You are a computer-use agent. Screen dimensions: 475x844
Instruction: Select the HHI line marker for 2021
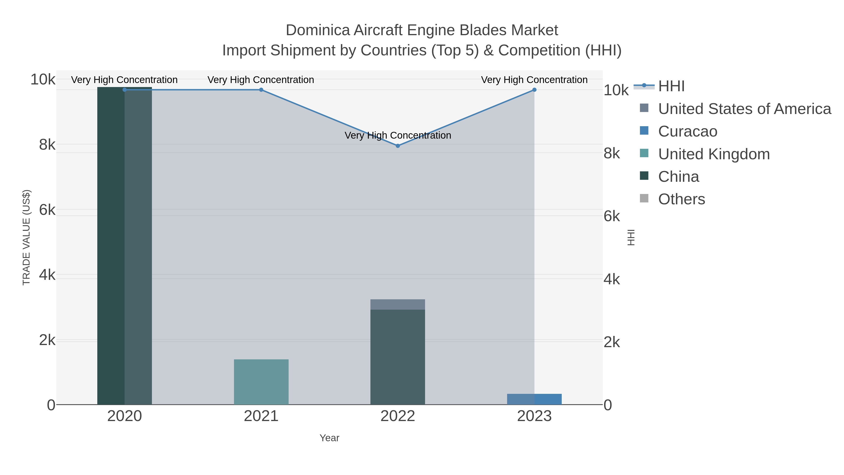pos(261,90)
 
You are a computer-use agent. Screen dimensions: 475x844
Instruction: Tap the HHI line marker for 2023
pos(534,90)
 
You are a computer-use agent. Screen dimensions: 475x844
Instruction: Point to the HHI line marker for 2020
pos(124,90)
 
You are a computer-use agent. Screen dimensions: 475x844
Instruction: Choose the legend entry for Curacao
pos(687,131)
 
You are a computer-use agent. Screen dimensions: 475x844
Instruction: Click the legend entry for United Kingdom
pos(714,154)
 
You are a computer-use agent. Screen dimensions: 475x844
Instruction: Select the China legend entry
pos(678,177)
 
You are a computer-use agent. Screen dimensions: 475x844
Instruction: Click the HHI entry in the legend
pos(671,86)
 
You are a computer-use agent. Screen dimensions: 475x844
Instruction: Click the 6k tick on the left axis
pos(47,210)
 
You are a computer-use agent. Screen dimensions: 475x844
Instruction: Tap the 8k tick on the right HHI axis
pos(611,153)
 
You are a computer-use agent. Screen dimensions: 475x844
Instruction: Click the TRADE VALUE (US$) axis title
pos(26,237)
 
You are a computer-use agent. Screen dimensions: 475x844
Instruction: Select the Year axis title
pos(329,438)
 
